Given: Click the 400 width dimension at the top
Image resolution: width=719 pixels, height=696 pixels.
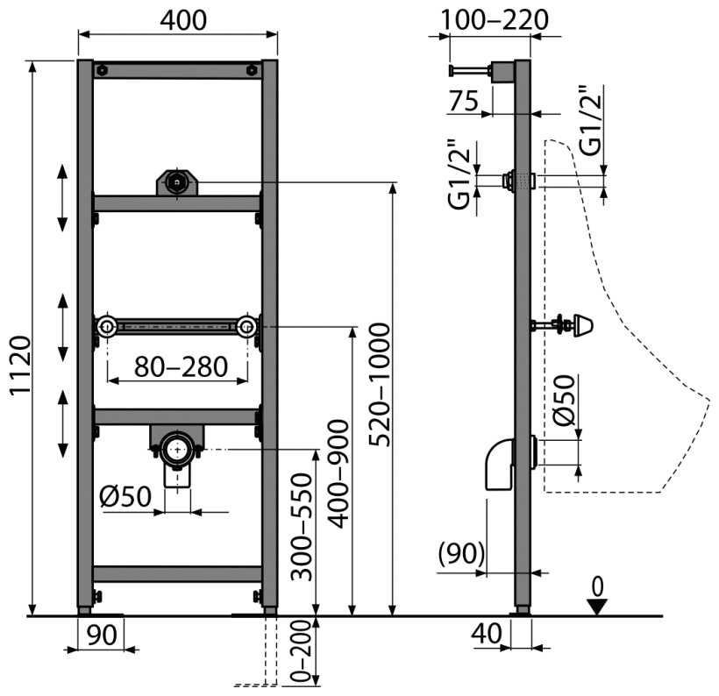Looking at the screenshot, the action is tap(183, 21).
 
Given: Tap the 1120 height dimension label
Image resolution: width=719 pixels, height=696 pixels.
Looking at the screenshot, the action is tap(21, 365).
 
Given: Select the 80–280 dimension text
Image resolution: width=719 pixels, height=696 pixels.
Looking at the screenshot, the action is tap(182, 366).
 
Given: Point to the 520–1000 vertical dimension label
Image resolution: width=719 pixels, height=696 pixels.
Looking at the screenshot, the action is tap(380, 385).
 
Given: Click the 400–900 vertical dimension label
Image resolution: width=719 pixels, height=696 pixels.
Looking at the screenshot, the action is tap(338, 474).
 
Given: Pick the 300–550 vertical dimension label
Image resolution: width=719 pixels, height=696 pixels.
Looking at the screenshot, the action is tap(302, 527).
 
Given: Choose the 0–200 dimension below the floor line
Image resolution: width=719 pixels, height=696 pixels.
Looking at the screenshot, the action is tap(301, 650).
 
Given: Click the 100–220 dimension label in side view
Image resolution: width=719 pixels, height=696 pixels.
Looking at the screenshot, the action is tap(495, 20).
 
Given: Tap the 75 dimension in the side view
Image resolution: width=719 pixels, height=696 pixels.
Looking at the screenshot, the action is tap(464, 101).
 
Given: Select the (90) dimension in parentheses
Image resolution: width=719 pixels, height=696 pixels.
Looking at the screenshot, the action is tap(461, 553).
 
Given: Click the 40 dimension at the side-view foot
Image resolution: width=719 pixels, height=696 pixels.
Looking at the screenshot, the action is tap(487, 634).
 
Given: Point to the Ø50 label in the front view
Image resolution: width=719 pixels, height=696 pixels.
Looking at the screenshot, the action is tap(125, 496).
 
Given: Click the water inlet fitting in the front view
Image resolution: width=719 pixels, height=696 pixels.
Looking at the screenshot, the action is tap(177, 183).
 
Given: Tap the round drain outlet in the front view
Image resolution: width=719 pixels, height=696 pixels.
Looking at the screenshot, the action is tap(177, 451).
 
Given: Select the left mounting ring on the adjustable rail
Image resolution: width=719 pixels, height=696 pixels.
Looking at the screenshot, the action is tap(107, 327).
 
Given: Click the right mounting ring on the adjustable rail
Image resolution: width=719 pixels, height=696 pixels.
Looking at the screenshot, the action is tap(246, 327).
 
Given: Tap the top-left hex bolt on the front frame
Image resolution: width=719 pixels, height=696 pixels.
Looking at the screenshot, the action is tap(103, 71).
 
